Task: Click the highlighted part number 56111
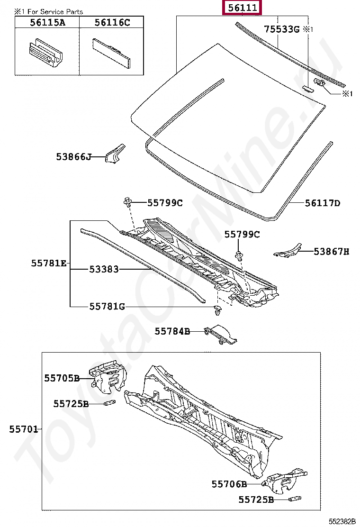[x=243, y=9]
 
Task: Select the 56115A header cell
[x=46, y=22]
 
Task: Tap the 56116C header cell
[x=112, y=22]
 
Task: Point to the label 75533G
[x=282, y=29]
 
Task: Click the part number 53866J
[x=73, y=156]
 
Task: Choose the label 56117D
[x=322, y=203]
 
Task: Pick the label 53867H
[x=331, y=252]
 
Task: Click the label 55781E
[x=49, y=263]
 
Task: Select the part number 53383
[x=104, y=270]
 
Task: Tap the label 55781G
[x=107, y=307]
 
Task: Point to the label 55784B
[x=172, y=332]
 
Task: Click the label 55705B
[x=62, y=378]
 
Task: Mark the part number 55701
[x=24, y=429]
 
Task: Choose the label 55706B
[x=229, y=484]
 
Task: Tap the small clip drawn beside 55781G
[x=217, y=310]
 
